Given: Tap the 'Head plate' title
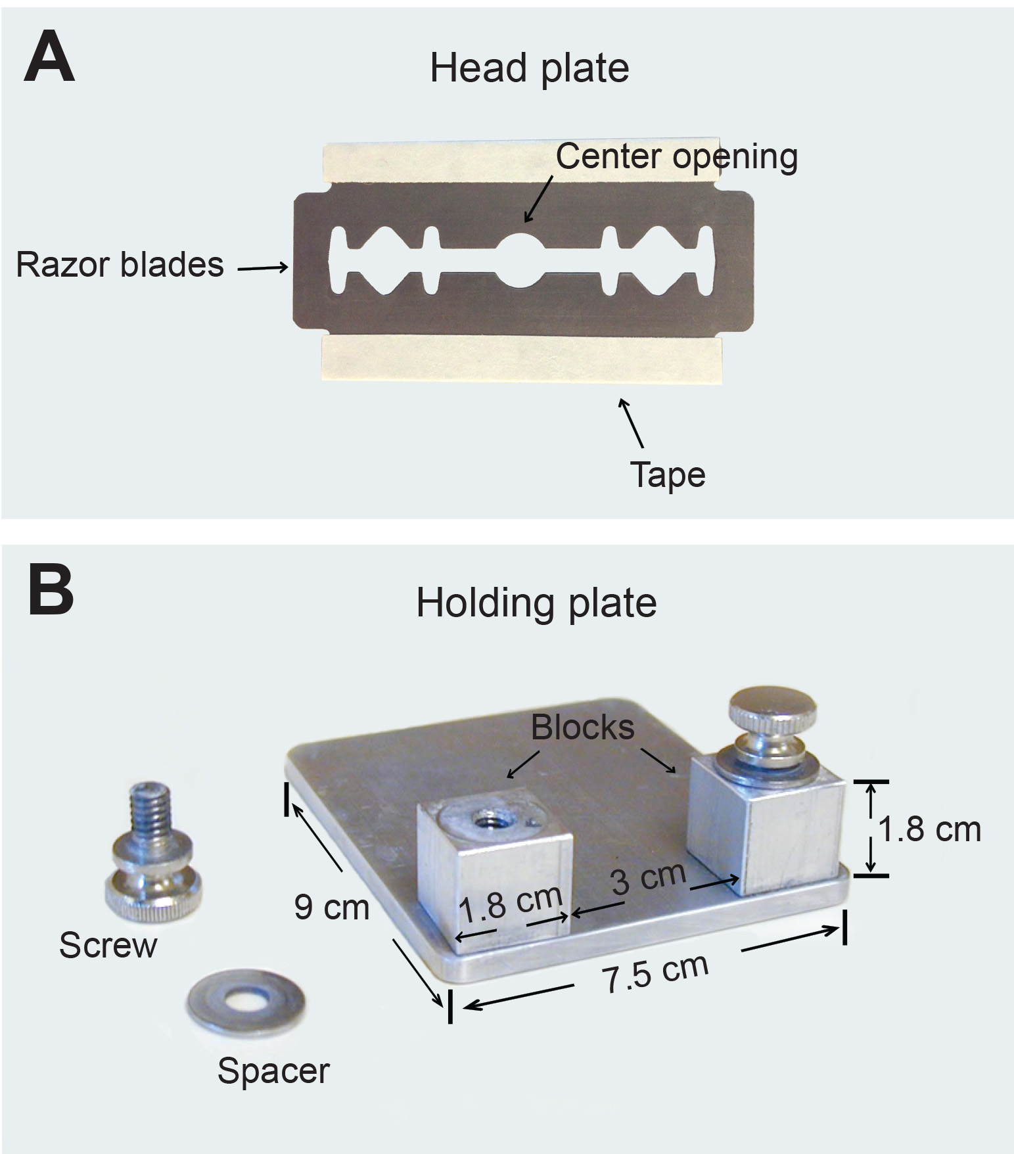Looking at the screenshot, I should point(529,68).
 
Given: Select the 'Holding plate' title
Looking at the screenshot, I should point(536,603).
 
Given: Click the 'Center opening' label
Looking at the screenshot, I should point(676,157).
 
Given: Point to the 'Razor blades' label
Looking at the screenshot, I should point(120,265).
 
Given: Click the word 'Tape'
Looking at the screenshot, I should point(668,474).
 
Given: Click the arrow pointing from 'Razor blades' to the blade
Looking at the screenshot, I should point(263,267).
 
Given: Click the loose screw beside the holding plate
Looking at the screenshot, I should point(152,854).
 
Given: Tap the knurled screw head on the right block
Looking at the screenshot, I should point(773,713).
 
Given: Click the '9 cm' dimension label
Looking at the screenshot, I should point(331,908).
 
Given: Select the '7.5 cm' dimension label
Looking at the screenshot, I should point(656,972).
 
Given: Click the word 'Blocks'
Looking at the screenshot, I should point(582,727).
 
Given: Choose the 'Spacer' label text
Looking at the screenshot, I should point(273,1071).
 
